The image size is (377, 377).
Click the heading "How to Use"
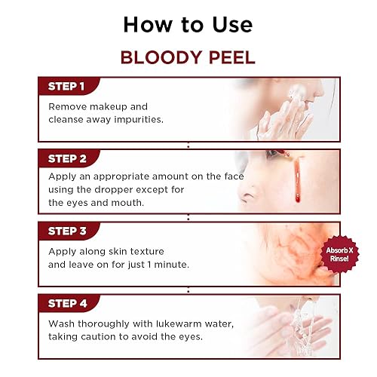pos(188,24)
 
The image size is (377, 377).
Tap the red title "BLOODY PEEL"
pos(188,59)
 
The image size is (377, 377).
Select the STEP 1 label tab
pos(68,86)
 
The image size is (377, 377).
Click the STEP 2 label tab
pos(68,159)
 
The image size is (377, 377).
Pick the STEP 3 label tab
pos(68,231)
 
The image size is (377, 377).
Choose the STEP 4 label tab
pos(68,304)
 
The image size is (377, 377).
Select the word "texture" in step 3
pos(145,251)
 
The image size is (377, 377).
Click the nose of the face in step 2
pos(250,198)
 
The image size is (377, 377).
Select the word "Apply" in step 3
pos(62,251)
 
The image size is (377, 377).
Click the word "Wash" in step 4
pos(62,323)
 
